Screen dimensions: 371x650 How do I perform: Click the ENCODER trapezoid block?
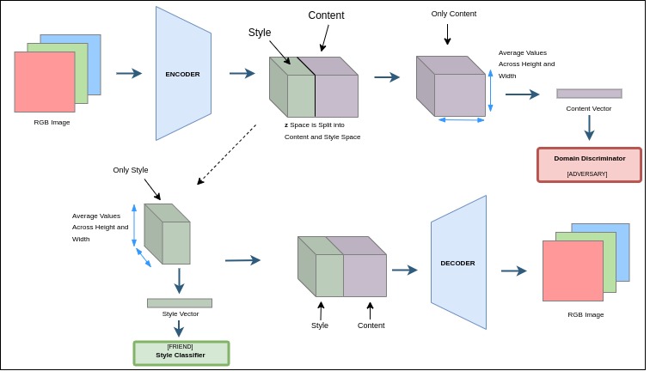coord(182,74)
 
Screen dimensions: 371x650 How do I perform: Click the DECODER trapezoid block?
coord(458,263)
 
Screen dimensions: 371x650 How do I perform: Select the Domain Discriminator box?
coord(589,164)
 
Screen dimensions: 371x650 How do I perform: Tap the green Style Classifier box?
coord(181,352)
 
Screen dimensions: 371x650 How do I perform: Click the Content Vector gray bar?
coord(589,94)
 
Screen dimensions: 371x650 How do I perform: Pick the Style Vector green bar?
coord(179,303)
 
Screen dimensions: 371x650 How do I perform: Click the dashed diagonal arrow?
coord(227,155)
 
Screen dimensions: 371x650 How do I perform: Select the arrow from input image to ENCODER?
coord(129,74)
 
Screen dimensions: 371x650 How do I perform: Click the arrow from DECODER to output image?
coord(514,271)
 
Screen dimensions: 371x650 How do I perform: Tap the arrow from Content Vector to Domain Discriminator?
coord(589,127)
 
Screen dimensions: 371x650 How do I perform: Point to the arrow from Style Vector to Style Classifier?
coord(179,329)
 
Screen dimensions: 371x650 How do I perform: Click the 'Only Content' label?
coord(453,14)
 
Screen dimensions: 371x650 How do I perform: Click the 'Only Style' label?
coord(131,170)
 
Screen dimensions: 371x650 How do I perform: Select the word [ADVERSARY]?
coord(587,173)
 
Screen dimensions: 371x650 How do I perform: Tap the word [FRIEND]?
coord(181,346)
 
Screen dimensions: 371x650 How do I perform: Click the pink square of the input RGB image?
coord(43,83)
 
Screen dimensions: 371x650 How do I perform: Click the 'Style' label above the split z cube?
coord(260,33)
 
